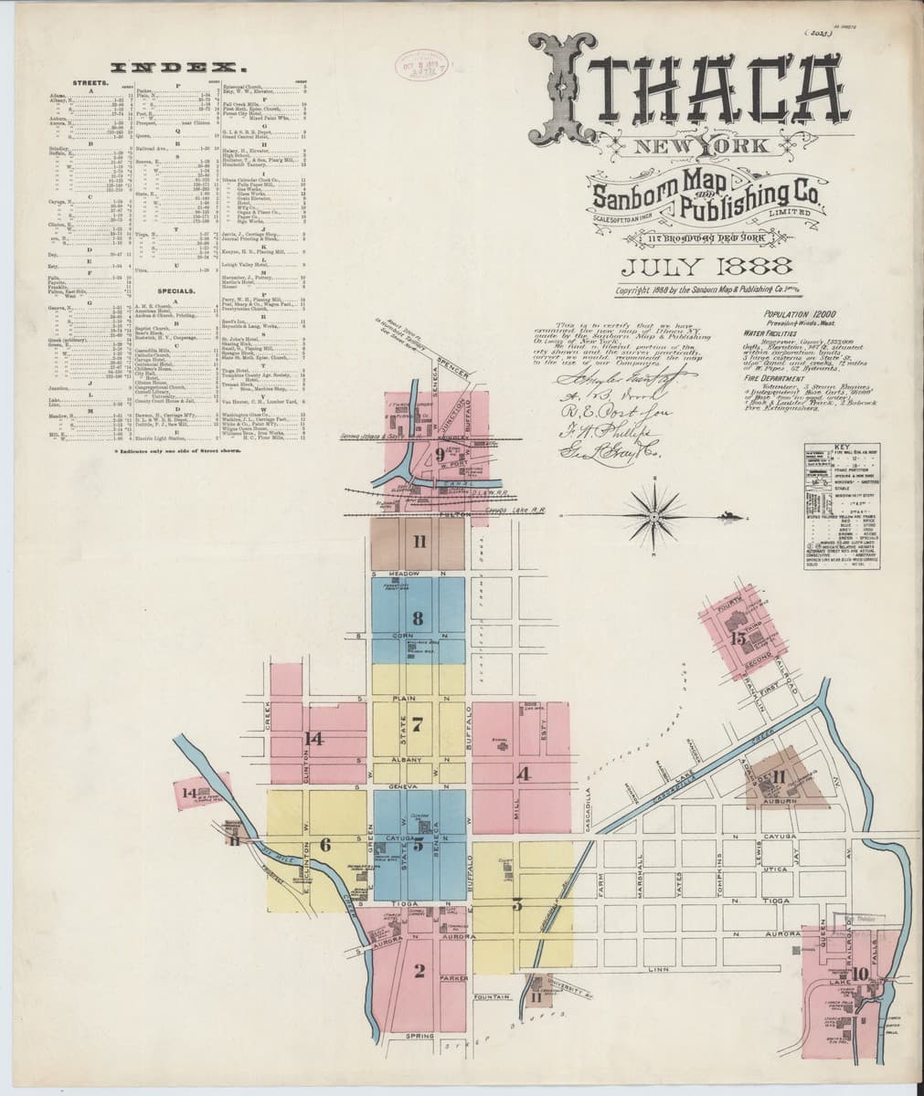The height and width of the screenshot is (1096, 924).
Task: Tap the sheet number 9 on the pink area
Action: click(x=440, y=454)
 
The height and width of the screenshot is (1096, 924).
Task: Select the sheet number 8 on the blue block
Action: click(x=418, y=617)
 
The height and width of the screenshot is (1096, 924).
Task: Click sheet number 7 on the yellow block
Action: click(x=418, y=726)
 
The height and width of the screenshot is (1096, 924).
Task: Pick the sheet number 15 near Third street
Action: click(x=738, y=638)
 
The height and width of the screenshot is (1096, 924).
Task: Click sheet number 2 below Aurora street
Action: click(x=420, y=970)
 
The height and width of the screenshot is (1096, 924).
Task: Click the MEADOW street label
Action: click(x=404, y=574)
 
